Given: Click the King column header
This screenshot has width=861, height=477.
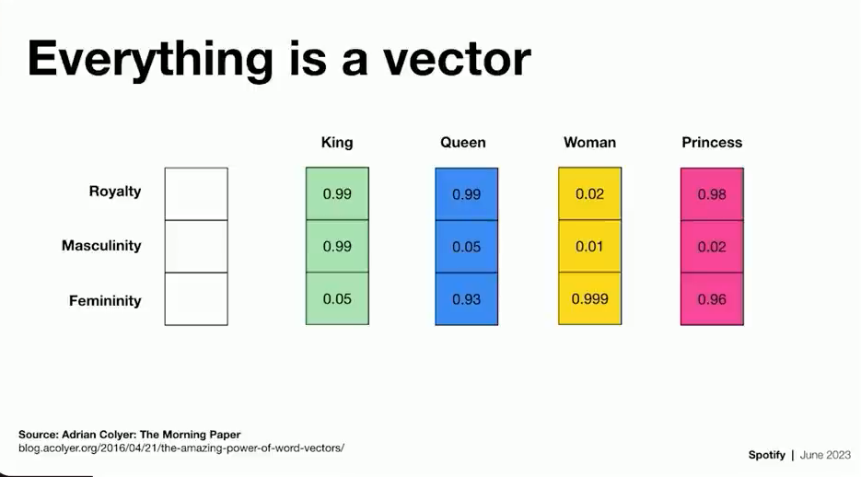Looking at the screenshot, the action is coord(337,143).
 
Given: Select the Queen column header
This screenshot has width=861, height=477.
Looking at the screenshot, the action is coord(463,143).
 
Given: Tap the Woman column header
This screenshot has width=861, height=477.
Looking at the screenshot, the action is coord(589,143).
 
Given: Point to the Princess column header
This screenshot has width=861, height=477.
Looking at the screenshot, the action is coord(712,143).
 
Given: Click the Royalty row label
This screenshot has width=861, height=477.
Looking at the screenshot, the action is coord(115,192).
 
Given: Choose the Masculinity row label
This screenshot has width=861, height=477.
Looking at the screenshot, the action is coord(101,245).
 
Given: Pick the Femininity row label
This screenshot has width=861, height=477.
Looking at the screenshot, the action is coord(105,301).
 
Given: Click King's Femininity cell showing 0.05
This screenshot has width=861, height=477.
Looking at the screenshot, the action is coord(337,298).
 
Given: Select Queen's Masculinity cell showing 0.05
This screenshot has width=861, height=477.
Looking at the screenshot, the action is coord(467,247).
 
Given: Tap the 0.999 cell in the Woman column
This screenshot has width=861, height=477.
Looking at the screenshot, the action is coord(589,298).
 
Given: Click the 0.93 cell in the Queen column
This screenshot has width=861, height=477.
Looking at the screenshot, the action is coord(467,299).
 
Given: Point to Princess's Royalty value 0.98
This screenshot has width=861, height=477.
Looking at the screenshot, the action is coord(712,194).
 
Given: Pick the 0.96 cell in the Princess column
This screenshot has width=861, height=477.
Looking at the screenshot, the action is coord(712,299).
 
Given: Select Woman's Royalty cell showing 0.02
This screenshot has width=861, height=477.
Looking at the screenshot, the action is coord(589,193).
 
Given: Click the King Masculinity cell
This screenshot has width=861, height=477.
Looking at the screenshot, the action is coord(337,247).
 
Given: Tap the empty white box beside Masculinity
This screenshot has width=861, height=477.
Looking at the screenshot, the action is coord(196,247).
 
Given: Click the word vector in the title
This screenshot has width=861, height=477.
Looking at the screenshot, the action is coord(457,59).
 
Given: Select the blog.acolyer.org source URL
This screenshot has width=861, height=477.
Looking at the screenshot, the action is coord(181,448).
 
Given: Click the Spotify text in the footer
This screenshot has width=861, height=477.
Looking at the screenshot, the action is coord(766,455).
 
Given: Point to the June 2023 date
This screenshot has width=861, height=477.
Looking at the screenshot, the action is coord(825,455).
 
